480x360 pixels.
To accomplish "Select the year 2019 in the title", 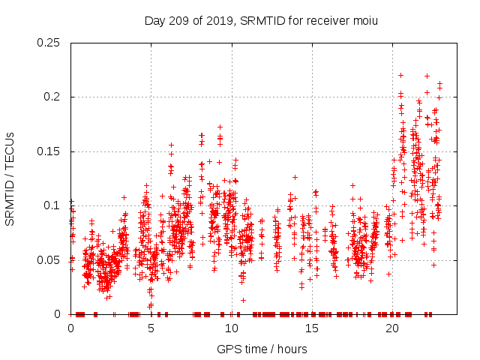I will [217, 20].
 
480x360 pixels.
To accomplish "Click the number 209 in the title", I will [178, 20].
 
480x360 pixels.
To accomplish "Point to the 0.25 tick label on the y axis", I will [49, 43].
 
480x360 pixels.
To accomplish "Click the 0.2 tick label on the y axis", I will [52, 97].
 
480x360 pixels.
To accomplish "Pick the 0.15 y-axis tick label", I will [49, 151].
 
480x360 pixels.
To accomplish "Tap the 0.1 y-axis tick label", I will [52, 205].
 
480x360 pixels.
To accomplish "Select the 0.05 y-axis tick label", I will [49, 260].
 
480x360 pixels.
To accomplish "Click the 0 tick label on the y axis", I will [59, 314].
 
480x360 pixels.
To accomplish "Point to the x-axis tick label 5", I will [151, 328].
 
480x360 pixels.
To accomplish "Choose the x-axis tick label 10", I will [231, 328].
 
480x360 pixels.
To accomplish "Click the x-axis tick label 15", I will [311, 328].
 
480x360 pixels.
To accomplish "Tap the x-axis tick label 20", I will [391, 328].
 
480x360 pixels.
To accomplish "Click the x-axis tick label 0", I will [70, 328].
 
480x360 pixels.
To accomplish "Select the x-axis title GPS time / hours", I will [262, 349].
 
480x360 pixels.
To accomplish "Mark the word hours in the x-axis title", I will [290, 349].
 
